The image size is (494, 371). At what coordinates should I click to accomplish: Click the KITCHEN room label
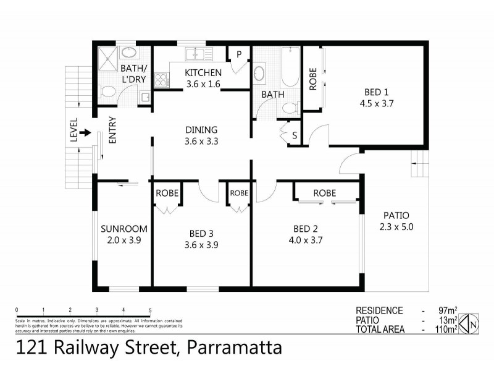(203, 73)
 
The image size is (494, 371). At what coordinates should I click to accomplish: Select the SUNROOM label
(121, 229)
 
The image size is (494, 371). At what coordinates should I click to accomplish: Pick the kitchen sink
(199, 54)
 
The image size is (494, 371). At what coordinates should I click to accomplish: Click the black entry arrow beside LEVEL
(85, 132)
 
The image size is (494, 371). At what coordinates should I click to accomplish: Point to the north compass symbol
(472, 322)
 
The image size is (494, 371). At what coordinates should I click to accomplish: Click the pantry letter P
(238, 54)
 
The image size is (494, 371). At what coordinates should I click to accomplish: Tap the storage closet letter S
(295, 135)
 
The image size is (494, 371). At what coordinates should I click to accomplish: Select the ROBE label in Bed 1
(312, 79)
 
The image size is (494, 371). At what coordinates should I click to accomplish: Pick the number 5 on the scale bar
(150, 310)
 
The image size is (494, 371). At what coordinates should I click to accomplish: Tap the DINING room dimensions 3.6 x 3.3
(201, 141)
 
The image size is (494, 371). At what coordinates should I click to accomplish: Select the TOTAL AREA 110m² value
(445, 330)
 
